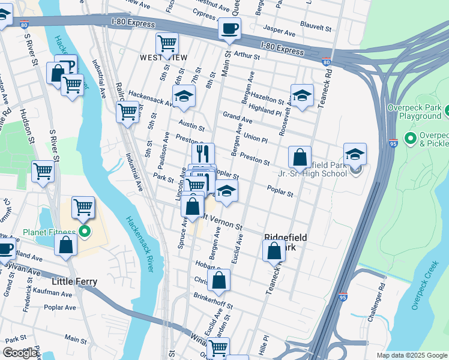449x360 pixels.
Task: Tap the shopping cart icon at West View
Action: (x=166, y=43)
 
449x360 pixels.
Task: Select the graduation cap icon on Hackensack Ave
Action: (x=184, y=95)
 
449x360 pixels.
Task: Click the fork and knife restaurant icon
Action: (x=203, y=153)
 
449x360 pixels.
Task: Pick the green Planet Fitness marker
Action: (x=85, y=232)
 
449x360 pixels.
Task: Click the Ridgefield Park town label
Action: (x=286, y=242)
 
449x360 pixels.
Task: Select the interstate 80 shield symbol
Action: (x=326, y=62)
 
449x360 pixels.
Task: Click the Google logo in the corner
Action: (x=20, y=353)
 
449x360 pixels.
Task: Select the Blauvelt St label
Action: (x=316, y=28)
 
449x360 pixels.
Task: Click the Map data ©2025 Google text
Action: (x=411, y=355)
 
